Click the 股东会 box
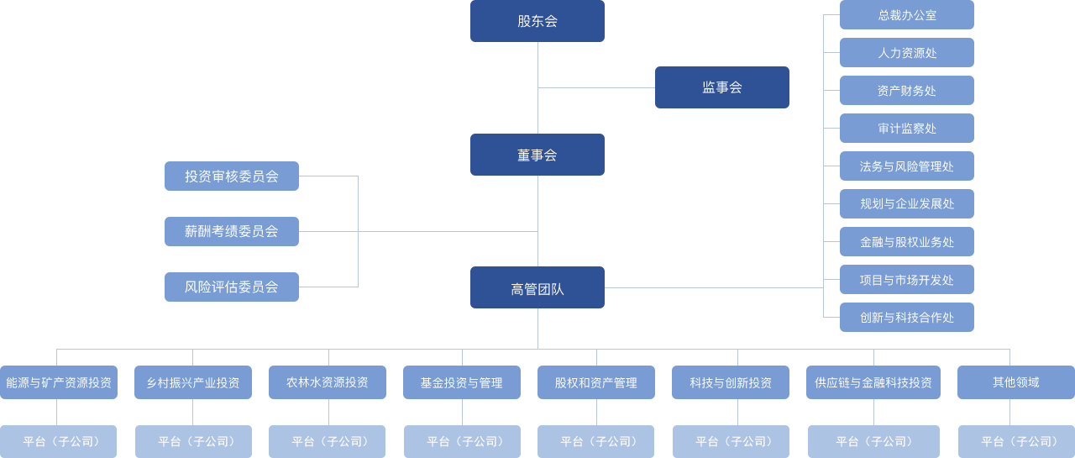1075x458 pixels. [x=537, y=21]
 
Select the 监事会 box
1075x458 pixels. [x=722, y=87]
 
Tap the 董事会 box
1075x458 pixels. [x=537, y=155]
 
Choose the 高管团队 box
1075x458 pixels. [x=537, y=288]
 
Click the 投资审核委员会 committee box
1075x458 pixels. [x=232, y=176]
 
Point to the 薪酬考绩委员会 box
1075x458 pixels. [x=232, y=231]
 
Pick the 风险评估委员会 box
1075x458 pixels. [x=232, y=287]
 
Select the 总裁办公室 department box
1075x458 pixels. [x=907, y=15]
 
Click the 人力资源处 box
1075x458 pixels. [x=907, y=53]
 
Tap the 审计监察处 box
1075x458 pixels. [x=907, y=129]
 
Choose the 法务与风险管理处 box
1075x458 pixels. [x=907, y=166]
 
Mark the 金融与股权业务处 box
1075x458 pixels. [x=907, y=242]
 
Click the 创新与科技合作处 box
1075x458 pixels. [x=907, y=317]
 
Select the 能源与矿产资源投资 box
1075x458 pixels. [x=59, y=382]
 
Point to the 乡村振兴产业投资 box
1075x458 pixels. [x=193, y=382]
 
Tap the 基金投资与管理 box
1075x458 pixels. [x=462, y=382]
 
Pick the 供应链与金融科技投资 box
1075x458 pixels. [x=873, y=382]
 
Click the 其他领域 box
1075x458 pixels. [x=1016, y=382]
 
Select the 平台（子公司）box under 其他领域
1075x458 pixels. [x=1016, y=441]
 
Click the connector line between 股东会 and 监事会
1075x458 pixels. [x=596, y=87]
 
